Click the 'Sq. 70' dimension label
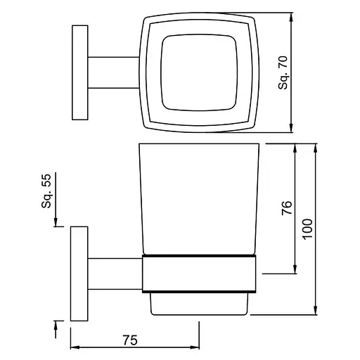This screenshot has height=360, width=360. (283, 72)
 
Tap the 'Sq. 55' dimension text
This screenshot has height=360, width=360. (46, 191)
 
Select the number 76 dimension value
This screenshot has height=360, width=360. (287, 207)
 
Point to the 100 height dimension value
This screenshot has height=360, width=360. (307, 229)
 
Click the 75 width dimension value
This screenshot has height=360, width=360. (130, 340)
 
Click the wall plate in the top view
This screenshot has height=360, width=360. (80, 72)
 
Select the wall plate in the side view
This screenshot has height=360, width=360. (79, 274)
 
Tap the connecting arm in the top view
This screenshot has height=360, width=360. (114, 72)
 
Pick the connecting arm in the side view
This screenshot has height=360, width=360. (115, 274)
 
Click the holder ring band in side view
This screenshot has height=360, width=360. (199, 274)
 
